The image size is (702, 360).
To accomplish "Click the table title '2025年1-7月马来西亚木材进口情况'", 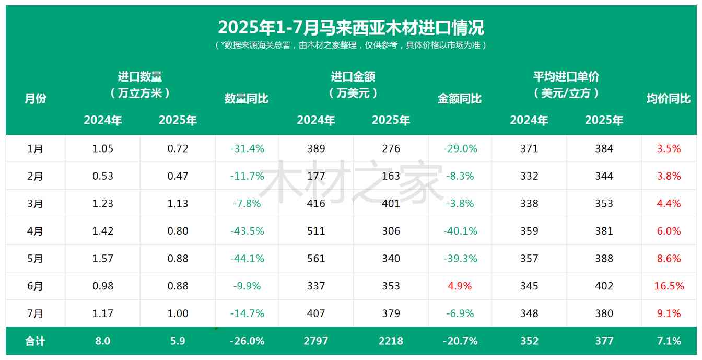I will (351, 27).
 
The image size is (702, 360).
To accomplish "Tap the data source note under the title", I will (351, 45).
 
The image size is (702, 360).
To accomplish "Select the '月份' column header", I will (36, 98).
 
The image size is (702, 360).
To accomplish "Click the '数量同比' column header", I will (247, 98).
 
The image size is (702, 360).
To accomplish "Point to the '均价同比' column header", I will (669, 98).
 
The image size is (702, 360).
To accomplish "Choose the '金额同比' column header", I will (460, 98).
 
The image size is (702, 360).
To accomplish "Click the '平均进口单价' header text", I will (566, 77).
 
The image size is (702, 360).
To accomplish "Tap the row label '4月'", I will (36, 231).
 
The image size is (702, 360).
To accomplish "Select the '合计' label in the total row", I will (36, 341).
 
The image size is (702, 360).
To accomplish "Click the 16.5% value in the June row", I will (669, 286).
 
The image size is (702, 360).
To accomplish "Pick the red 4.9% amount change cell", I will (460, 286).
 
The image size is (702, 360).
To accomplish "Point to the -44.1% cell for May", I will (247, 259).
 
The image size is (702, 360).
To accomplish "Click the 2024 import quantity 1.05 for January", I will (103, 148).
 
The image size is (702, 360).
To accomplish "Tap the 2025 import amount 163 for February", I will (391, 176).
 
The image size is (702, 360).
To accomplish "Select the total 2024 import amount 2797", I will (316, 341).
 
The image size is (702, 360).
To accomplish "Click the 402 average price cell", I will (604, 286).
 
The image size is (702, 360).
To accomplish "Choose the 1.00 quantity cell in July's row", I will (178, 313).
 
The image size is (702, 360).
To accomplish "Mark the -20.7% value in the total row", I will (460, 341).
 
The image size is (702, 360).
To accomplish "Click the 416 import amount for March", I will (316, 203).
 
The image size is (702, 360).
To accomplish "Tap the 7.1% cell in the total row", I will (669, 341).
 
